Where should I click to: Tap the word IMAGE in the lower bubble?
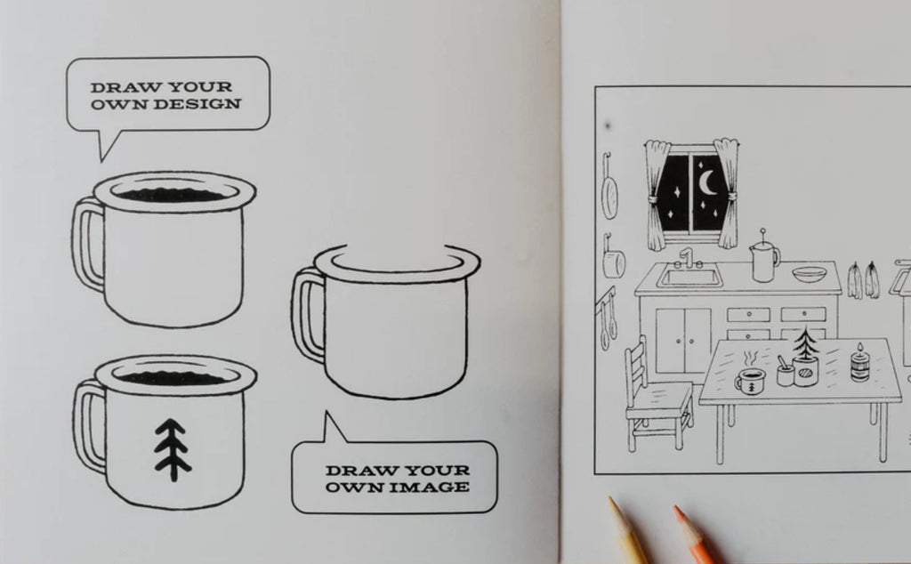(429, 487)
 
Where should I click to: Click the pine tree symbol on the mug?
(172, 449)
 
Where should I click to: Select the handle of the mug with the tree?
(88, 426)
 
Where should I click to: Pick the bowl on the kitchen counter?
(808, 274)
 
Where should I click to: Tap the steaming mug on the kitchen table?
(749, 380)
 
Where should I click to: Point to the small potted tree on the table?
(805, 359)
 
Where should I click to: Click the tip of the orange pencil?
(676, 508)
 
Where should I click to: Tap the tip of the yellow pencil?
(610, 499)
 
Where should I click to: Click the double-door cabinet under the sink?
(683, 341)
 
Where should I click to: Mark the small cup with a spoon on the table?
(786, 372)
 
